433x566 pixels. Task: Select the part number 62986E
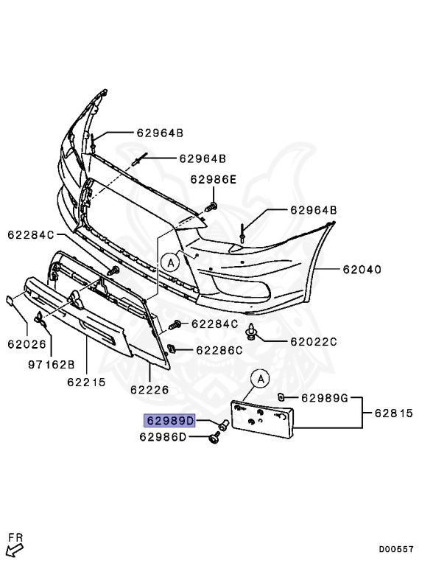[214, 179]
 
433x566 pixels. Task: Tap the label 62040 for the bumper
[361, 270]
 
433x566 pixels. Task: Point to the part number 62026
[27, 343]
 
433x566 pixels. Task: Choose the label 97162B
[52, 365]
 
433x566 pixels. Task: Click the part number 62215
[86, 382]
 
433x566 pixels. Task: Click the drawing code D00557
[396, 549]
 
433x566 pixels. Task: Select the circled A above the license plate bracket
[260, 379]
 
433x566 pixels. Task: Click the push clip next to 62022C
[253, 332]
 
